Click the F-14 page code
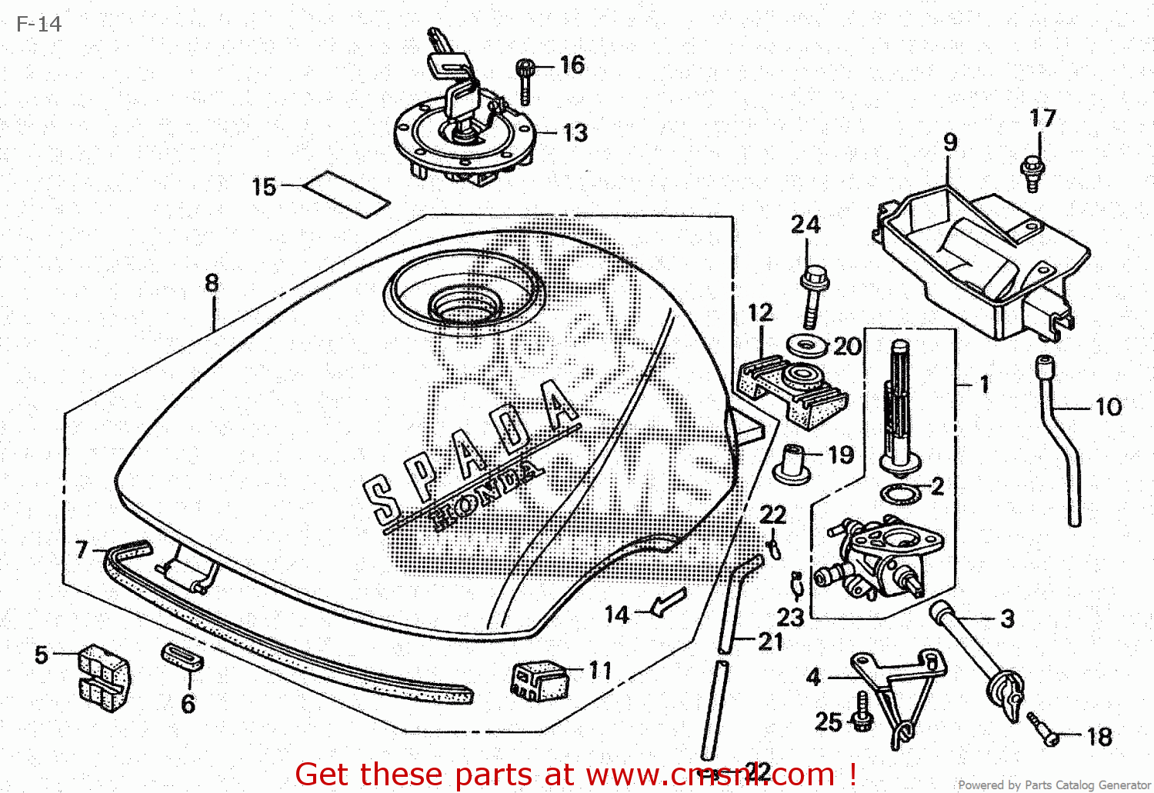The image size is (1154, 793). (x=38, y=25)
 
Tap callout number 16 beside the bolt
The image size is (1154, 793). (x=572, y=65)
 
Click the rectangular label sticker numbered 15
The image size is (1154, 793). (x=346, y=194)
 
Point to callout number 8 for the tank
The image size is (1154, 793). (x=212, y=283)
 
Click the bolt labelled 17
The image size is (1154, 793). (x=1032, y=173)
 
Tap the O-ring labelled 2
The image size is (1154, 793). (x=901, y=493)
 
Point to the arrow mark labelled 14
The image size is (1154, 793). (x=668, y=602)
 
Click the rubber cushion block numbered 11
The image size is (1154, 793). (x=540, y=680)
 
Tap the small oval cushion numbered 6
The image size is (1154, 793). (x=182, y=658)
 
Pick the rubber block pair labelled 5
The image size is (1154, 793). (x=104, y=677)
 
